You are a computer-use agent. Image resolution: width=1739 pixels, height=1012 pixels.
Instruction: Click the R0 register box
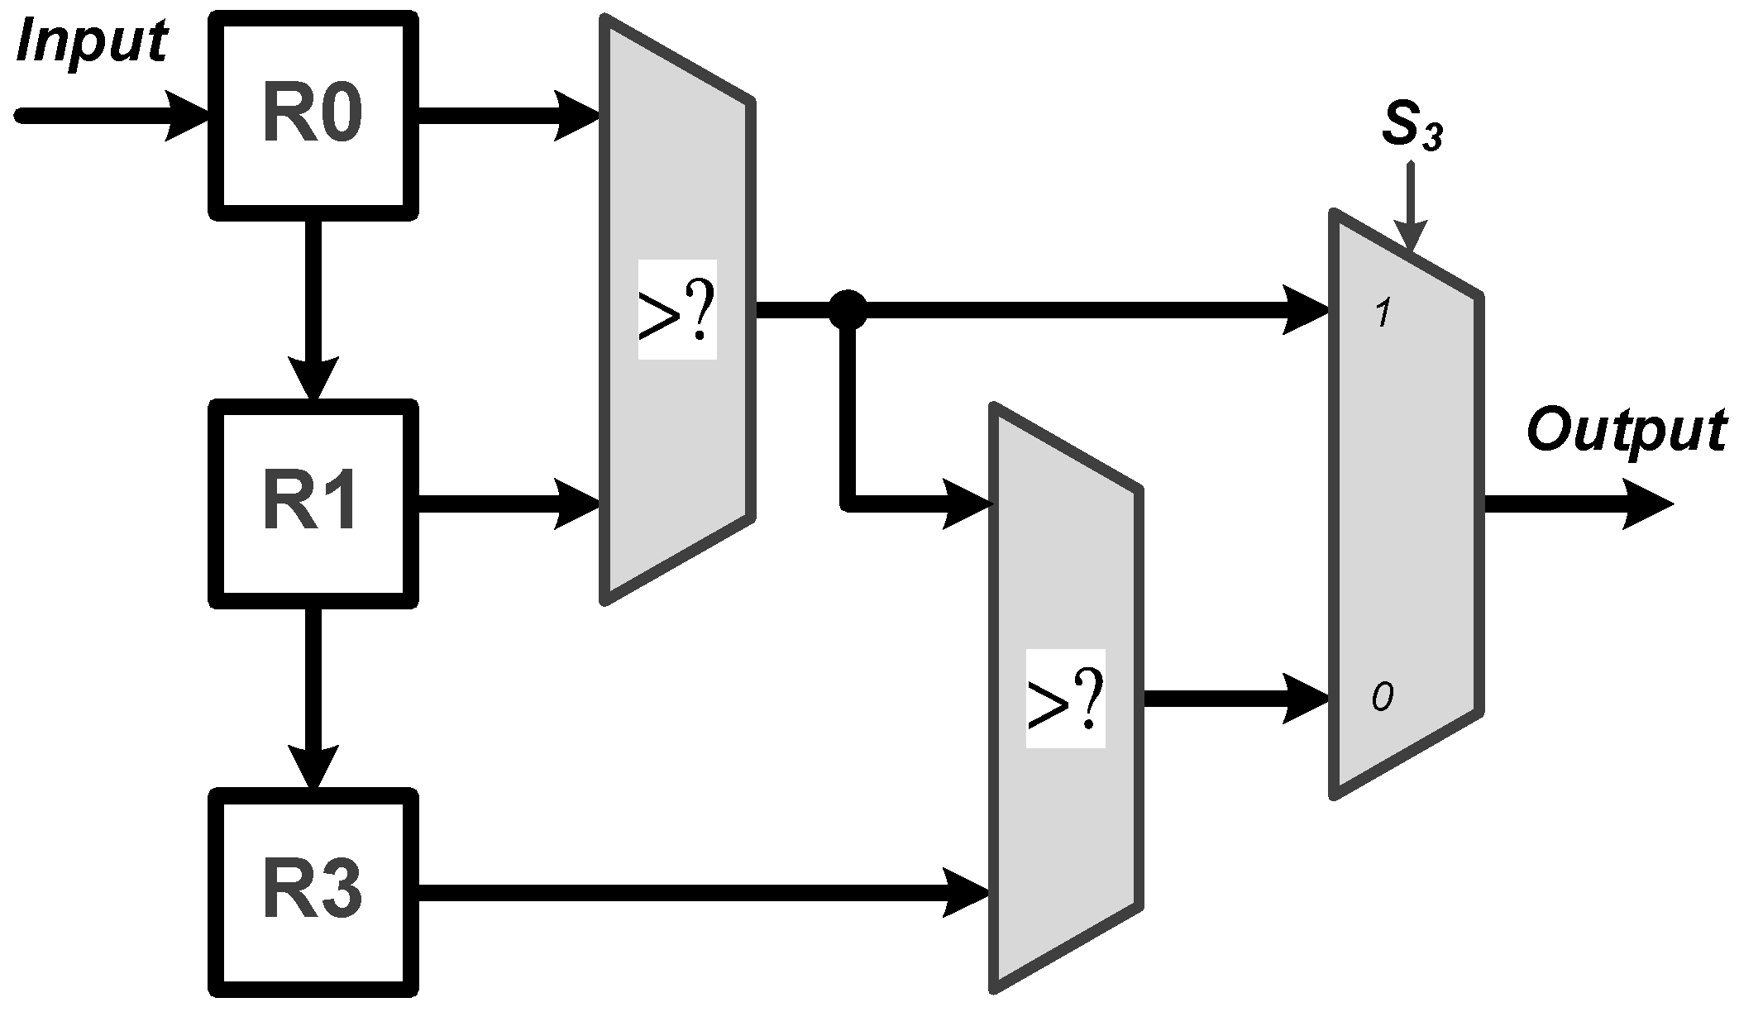(x=312, y=115)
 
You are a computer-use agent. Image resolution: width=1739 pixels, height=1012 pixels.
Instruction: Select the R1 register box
(x=312, y=504)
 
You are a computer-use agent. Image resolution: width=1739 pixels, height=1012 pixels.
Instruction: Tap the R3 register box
(x=312, y=892)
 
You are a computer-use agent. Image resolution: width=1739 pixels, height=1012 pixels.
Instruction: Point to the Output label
(x=1626, y=431)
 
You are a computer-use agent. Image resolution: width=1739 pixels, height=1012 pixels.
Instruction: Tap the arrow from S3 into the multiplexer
(x=1411, y=207)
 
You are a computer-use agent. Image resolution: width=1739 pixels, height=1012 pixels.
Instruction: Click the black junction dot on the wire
(x=848, y=310)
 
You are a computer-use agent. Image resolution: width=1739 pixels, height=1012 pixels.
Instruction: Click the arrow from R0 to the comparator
(x=509, y=115)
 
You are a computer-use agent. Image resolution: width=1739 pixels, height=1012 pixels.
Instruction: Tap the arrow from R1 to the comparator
(x=509, y=504)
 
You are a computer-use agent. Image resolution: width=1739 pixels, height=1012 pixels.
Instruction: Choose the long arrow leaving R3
(x=703, y=892)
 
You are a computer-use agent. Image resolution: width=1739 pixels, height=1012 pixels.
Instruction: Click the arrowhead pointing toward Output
(x=1646, y=504)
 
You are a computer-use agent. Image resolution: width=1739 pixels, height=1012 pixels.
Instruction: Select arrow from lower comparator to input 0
(x=1236, y=699)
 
